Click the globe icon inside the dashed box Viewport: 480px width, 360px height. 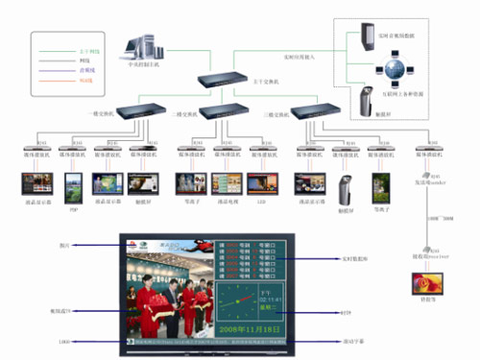click(394, 68)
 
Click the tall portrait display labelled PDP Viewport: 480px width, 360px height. click(72, 184)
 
